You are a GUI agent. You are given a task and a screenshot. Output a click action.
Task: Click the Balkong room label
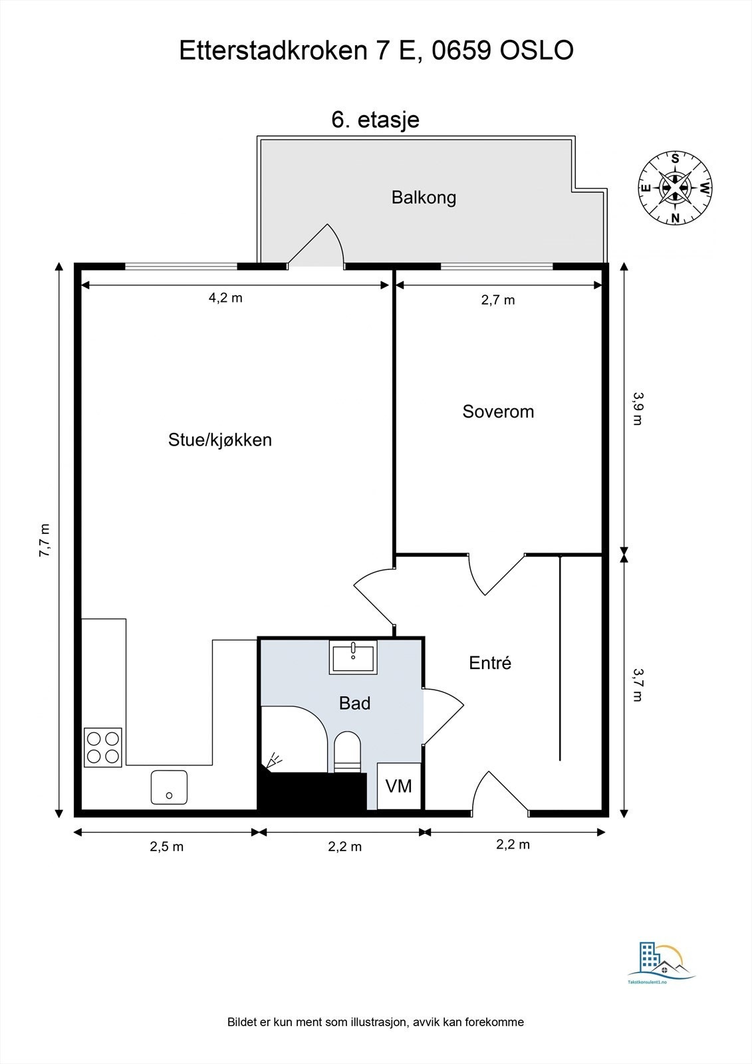coord(424,198)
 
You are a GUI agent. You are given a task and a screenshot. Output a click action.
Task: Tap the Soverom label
coord(498,412)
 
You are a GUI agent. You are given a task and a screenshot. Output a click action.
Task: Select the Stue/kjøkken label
coord(219,440)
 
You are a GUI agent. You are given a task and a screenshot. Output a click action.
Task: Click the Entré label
coord(490,663)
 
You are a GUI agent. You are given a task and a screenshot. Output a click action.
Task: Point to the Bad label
coord(354,703)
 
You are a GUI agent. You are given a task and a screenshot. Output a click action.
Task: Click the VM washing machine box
coord(399,786)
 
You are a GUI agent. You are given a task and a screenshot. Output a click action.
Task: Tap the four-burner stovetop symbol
coord(103,747)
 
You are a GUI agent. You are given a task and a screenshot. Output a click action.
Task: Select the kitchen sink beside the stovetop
coord(169,787)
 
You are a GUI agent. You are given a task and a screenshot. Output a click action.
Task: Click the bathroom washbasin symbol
coord(353,657)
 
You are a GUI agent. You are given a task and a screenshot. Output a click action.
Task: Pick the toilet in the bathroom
coord(346,751)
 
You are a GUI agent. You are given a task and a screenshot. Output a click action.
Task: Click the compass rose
coord(675,188)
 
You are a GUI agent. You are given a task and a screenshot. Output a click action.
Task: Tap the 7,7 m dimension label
coord(45,540)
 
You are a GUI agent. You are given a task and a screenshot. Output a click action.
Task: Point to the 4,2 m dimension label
coord(225,298)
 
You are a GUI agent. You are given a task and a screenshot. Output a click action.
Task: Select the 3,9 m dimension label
coord(637,408)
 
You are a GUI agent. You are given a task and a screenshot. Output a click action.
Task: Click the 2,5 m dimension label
coord(166,847)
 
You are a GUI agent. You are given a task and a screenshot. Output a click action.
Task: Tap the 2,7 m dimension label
coord(498,300)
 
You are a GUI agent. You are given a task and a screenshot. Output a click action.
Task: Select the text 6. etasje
coord(375,120)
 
